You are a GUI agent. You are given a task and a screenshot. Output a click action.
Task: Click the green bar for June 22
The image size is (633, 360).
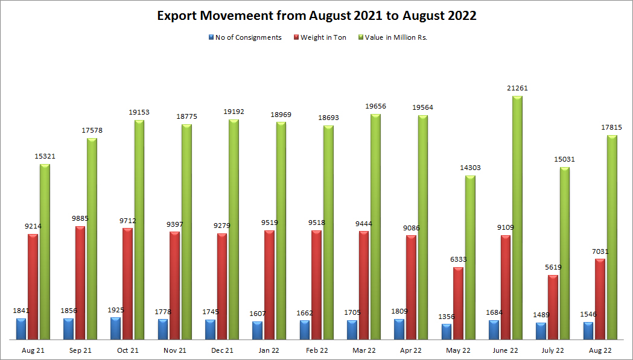(x=517, y=217)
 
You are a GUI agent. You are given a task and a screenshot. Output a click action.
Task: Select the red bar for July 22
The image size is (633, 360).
(x=553, y=307)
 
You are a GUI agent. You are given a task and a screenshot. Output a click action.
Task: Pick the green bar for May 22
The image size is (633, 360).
(x=470, y=257)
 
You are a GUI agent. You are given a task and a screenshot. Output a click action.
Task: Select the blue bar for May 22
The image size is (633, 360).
(x=447, y=331)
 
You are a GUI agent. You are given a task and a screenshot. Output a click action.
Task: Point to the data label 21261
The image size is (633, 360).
(x=518, y=88)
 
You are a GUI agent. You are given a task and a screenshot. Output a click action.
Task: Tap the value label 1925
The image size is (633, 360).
(x=115, y=310)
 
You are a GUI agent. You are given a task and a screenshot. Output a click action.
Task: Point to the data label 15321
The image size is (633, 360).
(x=45, y=156)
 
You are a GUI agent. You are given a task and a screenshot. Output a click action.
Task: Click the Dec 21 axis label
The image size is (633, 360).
(x=223, y=350)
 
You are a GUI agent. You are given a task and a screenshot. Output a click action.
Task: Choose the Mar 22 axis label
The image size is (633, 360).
(x=364, y=350)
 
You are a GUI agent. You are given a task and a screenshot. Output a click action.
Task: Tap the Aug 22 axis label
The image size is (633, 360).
(x=600, y=350)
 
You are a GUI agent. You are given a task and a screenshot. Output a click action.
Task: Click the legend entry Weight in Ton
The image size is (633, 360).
(x=323, y=37)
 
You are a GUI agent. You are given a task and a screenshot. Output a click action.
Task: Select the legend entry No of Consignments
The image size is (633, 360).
(x=248, y=37)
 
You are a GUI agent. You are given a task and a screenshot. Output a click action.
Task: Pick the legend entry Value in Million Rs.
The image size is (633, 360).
(x=396, y=37)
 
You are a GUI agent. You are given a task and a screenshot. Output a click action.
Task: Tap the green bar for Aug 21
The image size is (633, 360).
(x=45, y=251)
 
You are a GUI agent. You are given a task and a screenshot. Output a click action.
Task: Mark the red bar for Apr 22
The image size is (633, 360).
(x=411, y=286)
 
